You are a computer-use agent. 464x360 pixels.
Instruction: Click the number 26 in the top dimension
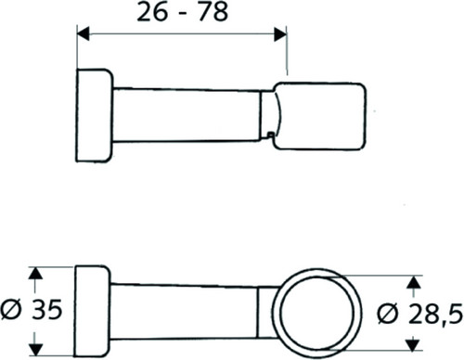click(x=152, y=12)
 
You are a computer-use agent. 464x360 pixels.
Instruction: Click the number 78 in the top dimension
click(x=213, y=12)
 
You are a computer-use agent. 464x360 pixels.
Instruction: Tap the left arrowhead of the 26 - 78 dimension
click(x=84, y=33)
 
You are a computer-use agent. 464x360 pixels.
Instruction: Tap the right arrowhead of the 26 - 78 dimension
click(x=280, y=33)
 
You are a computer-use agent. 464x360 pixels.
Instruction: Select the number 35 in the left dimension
click(x=47, y=310)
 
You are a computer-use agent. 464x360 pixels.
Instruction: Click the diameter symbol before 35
click(x=11, y=310)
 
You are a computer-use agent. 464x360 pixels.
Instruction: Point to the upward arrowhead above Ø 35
click(x=36, y=274)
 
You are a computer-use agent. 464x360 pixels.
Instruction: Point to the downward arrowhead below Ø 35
click(x=36, y=349)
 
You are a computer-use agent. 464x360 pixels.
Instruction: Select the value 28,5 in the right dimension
click(x=436, y=315)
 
